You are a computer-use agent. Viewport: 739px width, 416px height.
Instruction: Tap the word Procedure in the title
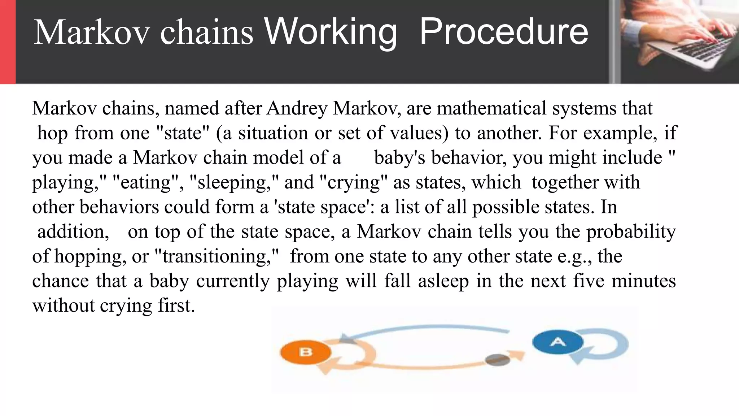(x=504, y=32)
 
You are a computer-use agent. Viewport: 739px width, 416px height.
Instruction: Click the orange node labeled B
(x=305, y=352)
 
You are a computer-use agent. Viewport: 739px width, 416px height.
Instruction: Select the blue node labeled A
(x=558, y=342)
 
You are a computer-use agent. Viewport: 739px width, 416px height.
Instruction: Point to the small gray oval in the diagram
(x=498, y=360)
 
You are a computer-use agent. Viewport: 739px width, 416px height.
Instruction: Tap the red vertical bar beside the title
(x=8, y=42)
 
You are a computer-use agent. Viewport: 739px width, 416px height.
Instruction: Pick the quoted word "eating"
(x=146, y=182)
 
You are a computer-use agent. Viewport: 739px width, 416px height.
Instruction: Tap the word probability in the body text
(x=631, y=232)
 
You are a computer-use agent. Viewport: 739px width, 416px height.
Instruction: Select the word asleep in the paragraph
(x=443, y=281)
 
